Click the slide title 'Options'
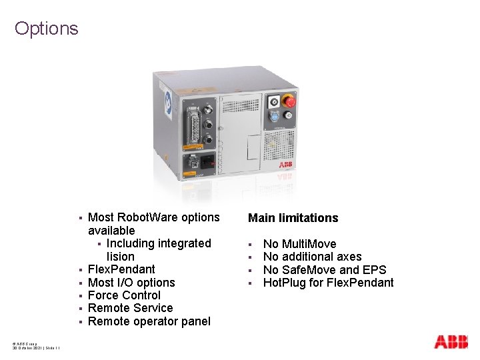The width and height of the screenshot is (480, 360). point(46,29)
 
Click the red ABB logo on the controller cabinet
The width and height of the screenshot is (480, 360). point(285,164)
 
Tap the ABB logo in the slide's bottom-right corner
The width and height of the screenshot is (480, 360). point(451,342)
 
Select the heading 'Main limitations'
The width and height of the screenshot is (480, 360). point(293,218)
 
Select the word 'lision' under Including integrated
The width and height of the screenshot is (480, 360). point(120,257)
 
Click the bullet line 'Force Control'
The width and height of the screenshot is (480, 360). point(124,295)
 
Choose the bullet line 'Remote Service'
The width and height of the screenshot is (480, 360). point(130,308)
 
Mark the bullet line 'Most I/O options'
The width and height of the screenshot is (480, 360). point(131,283)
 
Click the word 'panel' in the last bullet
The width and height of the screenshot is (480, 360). point(195,321)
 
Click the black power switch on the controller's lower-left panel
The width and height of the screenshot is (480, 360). point(208,161)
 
